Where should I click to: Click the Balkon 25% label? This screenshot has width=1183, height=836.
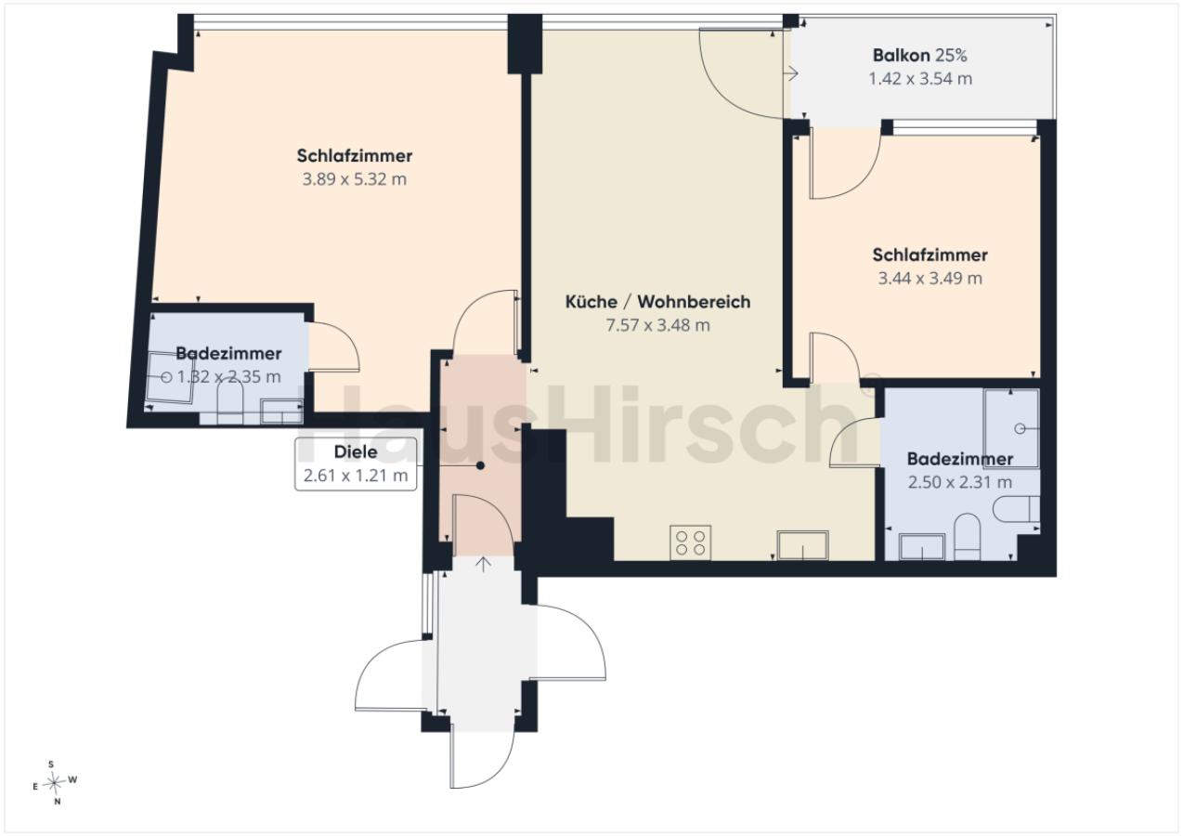point(919,56)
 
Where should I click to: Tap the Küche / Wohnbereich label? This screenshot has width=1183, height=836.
point(657,302)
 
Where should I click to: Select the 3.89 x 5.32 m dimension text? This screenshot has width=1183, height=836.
point(355,179)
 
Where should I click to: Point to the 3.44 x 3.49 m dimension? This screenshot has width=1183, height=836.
point(930,278)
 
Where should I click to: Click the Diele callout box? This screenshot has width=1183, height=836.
point(356,464)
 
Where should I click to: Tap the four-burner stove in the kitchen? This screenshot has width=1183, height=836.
point(690,542)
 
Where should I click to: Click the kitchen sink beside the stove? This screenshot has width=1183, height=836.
point(802,545)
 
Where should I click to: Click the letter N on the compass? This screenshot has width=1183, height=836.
point(58,802)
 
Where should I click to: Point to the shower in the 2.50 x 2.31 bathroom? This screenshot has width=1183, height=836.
point(1011,428)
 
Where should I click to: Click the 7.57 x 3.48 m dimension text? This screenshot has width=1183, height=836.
point(657,325)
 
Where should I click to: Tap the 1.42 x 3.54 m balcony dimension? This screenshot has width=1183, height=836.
point(920,79)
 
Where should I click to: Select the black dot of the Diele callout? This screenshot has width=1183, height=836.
point(481,465)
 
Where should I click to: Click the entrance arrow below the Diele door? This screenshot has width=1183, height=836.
point(483,565)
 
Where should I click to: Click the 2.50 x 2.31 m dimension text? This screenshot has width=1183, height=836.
point(960,482)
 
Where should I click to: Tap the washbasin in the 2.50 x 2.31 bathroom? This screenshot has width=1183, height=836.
point(922,547)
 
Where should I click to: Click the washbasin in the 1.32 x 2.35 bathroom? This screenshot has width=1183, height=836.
point(282,411)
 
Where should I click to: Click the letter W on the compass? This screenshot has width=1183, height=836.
point(72,779)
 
